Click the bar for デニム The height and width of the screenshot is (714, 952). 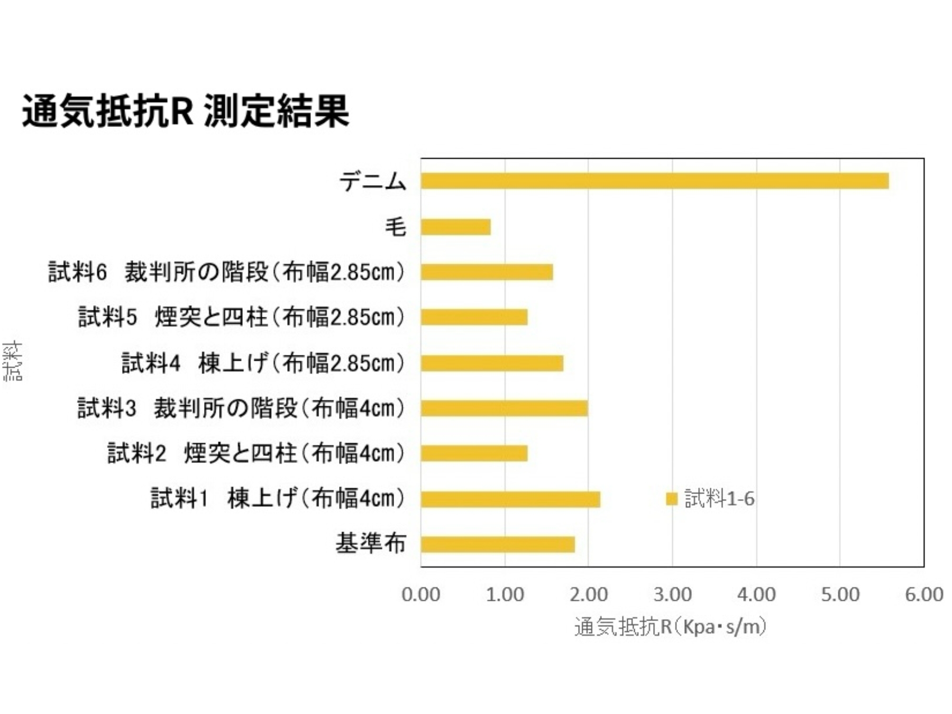click(x=654, y=181)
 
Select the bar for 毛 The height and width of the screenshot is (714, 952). click(x=455, y=227)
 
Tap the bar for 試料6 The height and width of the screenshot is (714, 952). click(x=487, y=272)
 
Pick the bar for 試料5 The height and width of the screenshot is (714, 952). click(x=474, y=317)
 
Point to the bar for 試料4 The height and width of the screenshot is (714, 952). click(x=492, y=363)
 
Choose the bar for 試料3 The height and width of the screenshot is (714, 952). click(x=504, y=408)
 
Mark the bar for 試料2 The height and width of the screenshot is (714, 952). click(x=474, y=453)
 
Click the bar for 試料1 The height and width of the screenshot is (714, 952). click(x=510, y=499)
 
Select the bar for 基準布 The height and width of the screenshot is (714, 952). click(x=498, y=544)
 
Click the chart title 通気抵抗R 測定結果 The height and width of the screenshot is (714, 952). click(x=185, y=111)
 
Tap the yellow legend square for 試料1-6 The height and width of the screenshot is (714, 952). click(x=672, y=499)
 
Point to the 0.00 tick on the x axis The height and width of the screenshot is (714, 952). click(x=420, y=594)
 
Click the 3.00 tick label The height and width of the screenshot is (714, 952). click(x=672, y=594)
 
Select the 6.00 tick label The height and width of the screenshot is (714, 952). click(x=924, y=594)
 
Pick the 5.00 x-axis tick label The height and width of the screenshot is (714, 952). click(x=840, y=594)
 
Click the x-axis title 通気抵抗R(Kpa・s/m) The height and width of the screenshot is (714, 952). click(x=671, y=627)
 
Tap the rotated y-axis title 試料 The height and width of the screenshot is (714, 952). click(x=13, y=361)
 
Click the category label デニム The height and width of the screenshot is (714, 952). click(x=373, y=181)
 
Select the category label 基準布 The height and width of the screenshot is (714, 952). click(x=371, y=544)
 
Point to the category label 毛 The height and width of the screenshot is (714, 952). click(x=395, y=227)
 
